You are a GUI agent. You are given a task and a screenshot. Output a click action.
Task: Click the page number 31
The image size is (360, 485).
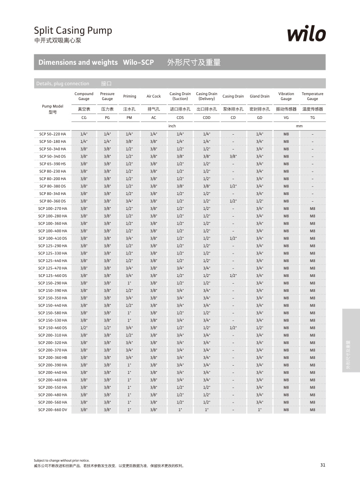323,465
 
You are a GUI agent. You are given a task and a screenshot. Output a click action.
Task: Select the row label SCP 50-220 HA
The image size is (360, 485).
53,134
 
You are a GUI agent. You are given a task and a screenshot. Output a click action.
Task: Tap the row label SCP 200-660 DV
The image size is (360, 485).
53,410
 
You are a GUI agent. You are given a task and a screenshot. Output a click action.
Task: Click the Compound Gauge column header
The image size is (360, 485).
84,96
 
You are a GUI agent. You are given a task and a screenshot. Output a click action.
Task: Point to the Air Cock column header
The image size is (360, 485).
153,96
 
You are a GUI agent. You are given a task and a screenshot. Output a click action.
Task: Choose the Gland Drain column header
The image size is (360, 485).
260,96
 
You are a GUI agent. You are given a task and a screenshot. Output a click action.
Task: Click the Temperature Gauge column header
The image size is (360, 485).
312,96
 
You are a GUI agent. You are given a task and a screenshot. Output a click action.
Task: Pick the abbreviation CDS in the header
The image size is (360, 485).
180,118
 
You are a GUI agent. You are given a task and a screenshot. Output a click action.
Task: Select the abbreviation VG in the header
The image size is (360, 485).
286,118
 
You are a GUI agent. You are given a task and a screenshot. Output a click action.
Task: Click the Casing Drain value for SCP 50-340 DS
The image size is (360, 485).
233,156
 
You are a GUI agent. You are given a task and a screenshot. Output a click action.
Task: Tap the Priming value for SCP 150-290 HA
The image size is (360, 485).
130,283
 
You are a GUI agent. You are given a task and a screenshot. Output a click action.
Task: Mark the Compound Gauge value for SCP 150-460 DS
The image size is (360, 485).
84,328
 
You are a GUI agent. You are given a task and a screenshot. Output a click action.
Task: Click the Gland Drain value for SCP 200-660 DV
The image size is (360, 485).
260,410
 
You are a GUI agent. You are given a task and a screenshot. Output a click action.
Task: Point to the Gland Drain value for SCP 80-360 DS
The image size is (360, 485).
260,201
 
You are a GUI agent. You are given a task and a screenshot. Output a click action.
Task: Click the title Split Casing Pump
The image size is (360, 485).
73,31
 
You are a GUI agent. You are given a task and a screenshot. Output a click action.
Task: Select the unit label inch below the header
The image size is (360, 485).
172,126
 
